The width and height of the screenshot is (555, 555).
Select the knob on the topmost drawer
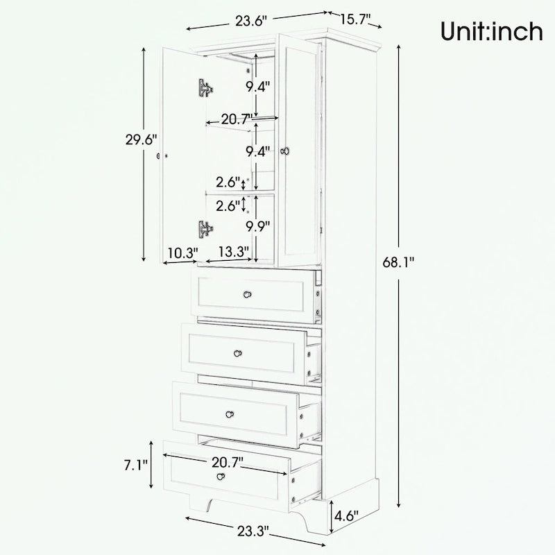pyautogui.click(x=247, y=296)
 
